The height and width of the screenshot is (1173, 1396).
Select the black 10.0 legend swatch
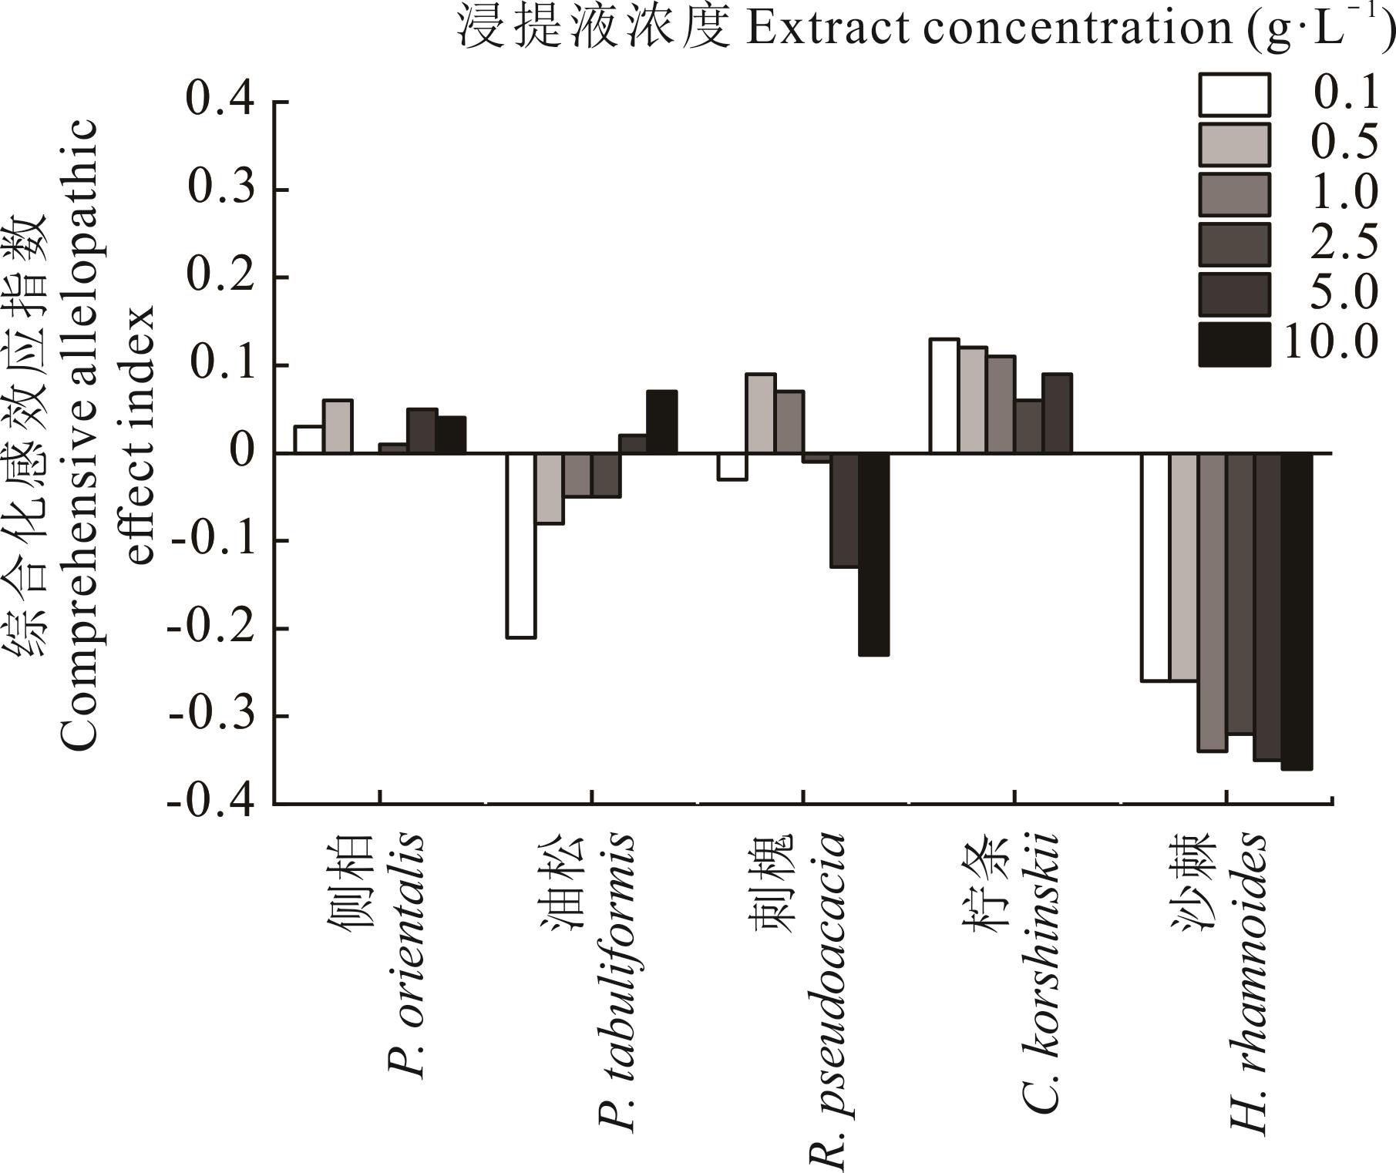pyautogui.click(x=1233, y=345)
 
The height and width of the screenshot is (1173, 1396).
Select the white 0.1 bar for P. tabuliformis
pyautogui.click(x=521, y=546)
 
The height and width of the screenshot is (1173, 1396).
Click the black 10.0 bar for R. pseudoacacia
pyautogui.click(x=874, y=554)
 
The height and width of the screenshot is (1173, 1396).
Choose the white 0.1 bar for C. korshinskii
pyautogui.click(x=944, y=396)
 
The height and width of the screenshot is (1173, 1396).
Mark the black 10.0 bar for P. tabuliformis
pyautogui.click(x=662, y=422)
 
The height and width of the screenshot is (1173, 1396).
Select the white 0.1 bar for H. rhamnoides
pyautogui.click(x=1155, y=567)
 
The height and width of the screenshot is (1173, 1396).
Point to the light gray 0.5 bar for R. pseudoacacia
pyautogui.click(x=761, y=414)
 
